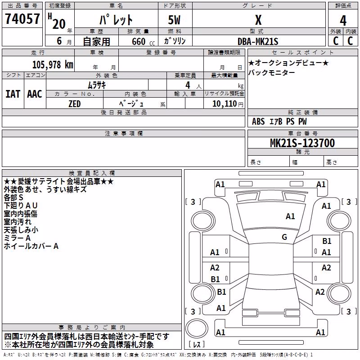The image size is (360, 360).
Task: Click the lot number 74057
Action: [22, 18]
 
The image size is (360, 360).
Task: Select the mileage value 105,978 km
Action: [53, 65]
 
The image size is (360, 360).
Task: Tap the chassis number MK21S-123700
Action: [302, 143]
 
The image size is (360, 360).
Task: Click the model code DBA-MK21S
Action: [258, 41]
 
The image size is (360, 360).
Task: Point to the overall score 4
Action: [343, 21]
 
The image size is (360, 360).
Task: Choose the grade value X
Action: [258, 20]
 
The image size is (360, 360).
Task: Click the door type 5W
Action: [174, 20]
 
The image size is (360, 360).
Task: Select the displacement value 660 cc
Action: [143, 42]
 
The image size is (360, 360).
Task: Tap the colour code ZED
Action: [75, 104]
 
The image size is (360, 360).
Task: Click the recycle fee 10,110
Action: [225, 104]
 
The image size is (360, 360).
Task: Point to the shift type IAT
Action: [13, 94]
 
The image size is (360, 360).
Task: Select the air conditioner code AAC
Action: [35, 94]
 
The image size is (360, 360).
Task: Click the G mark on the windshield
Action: [284, 237]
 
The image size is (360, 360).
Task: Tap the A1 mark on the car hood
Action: [290, 216]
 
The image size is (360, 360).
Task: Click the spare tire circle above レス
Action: [197, 328]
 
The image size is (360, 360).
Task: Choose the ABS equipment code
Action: [258, 121]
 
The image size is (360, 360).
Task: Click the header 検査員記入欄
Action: [92, 173]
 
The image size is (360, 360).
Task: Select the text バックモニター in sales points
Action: [272, 73]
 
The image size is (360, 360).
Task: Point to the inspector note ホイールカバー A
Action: [31, 246]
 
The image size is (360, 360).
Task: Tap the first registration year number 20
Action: [59, 24]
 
